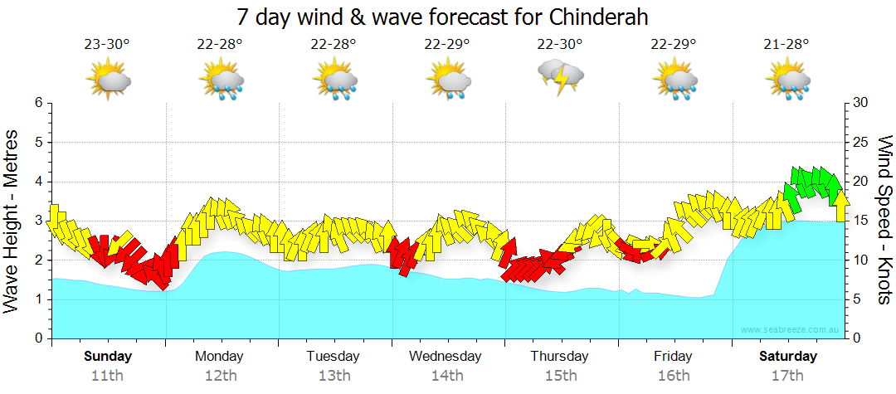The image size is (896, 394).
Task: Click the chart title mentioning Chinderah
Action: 442,17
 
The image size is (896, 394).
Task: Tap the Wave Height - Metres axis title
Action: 12,220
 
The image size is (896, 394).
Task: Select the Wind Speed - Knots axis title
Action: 884,220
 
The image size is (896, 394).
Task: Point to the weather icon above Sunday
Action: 108,81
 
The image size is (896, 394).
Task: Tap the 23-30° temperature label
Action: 107,44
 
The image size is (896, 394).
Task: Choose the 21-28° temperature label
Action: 787,44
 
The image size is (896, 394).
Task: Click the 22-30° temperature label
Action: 561,44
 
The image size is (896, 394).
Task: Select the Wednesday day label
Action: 446,357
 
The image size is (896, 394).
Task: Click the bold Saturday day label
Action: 788,357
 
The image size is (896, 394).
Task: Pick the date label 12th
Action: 220,375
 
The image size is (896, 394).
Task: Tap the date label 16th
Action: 673,375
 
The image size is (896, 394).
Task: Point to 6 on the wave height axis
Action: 38,103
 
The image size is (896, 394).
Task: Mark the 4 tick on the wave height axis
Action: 38,182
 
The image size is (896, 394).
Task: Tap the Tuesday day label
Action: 333,357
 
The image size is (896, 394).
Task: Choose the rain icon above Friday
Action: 674,81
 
